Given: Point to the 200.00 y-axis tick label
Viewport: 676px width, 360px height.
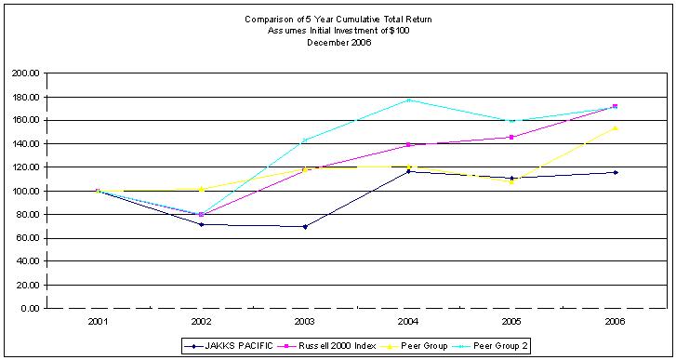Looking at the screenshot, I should (25, 73).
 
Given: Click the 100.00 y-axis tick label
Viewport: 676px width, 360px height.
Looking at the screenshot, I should (25, 191).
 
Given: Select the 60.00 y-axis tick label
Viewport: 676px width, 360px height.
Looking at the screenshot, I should (27, 238).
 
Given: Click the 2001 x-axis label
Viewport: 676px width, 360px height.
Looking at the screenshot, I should (98, 321).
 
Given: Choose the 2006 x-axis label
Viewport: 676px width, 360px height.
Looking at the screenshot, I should (615, 321).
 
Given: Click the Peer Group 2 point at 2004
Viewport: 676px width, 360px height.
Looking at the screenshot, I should (408, 100).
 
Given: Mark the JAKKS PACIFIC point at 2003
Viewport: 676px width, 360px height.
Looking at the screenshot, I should (305, 226).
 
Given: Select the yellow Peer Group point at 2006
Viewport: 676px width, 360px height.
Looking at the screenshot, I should (615, 127).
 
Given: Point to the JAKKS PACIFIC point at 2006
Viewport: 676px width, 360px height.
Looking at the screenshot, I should (615, 172).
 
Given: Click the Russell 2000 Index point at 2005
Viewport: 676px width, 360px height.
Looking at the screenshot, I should (511, 137).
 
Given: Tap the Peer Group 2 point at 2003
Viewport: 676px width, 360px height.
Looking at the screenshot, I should (305, 140).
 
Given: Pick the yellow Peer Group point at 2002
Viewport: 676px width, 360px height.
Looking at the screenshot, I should (202, 188).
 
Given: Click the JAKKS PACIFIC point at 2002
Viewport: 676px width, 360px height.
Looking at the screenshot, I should (202, 224).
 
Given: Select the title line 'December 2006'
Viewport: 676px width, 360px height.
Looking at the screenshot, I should (338, 42).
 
